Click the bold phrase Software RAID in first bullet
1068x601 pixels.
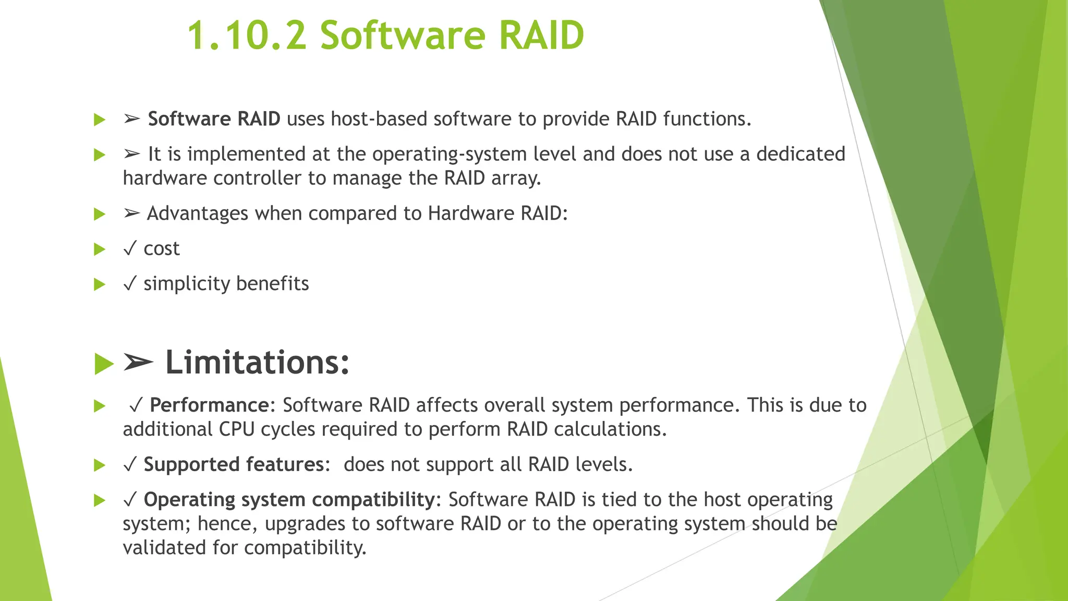click(x=214, y=119)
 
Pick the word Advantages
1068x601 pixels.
click(x=197, y=213)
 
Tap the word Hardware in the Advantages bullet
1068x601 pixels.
click(x=471, y=213)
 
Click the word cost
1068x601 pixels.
click(x=162, y=249)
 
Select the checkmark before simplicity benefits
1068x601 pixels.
click(x=130, y=283)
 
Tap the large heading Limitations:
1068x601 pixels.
click(x=257, y=363)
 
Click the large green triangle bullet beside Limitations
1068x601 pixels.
click(x=104, y=364)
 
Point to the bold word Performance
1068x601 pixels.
click(x=209, y=405)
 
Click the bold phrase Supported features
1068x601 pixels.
click(x=234, y=465)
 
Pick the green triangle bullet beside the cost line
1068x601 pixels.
click(x=99, y=249)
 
